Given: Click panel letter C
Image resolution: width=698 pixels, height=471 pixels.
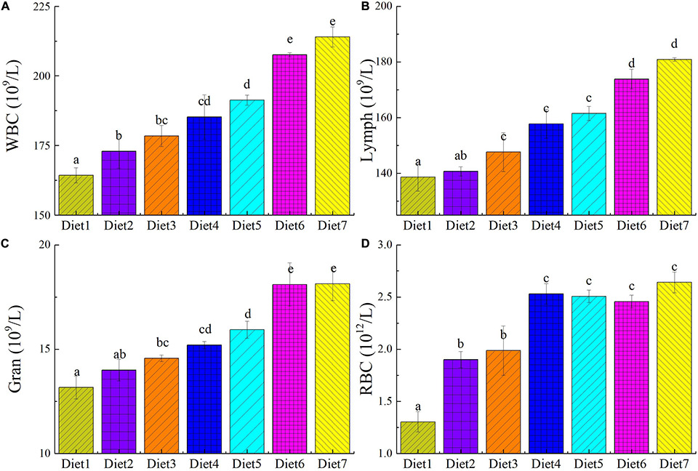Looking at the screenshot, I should (x=6, y=243).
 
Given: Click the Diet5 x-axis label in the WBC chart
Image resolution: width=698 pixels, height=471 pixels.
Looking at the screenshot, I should (x=247, y=225).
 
